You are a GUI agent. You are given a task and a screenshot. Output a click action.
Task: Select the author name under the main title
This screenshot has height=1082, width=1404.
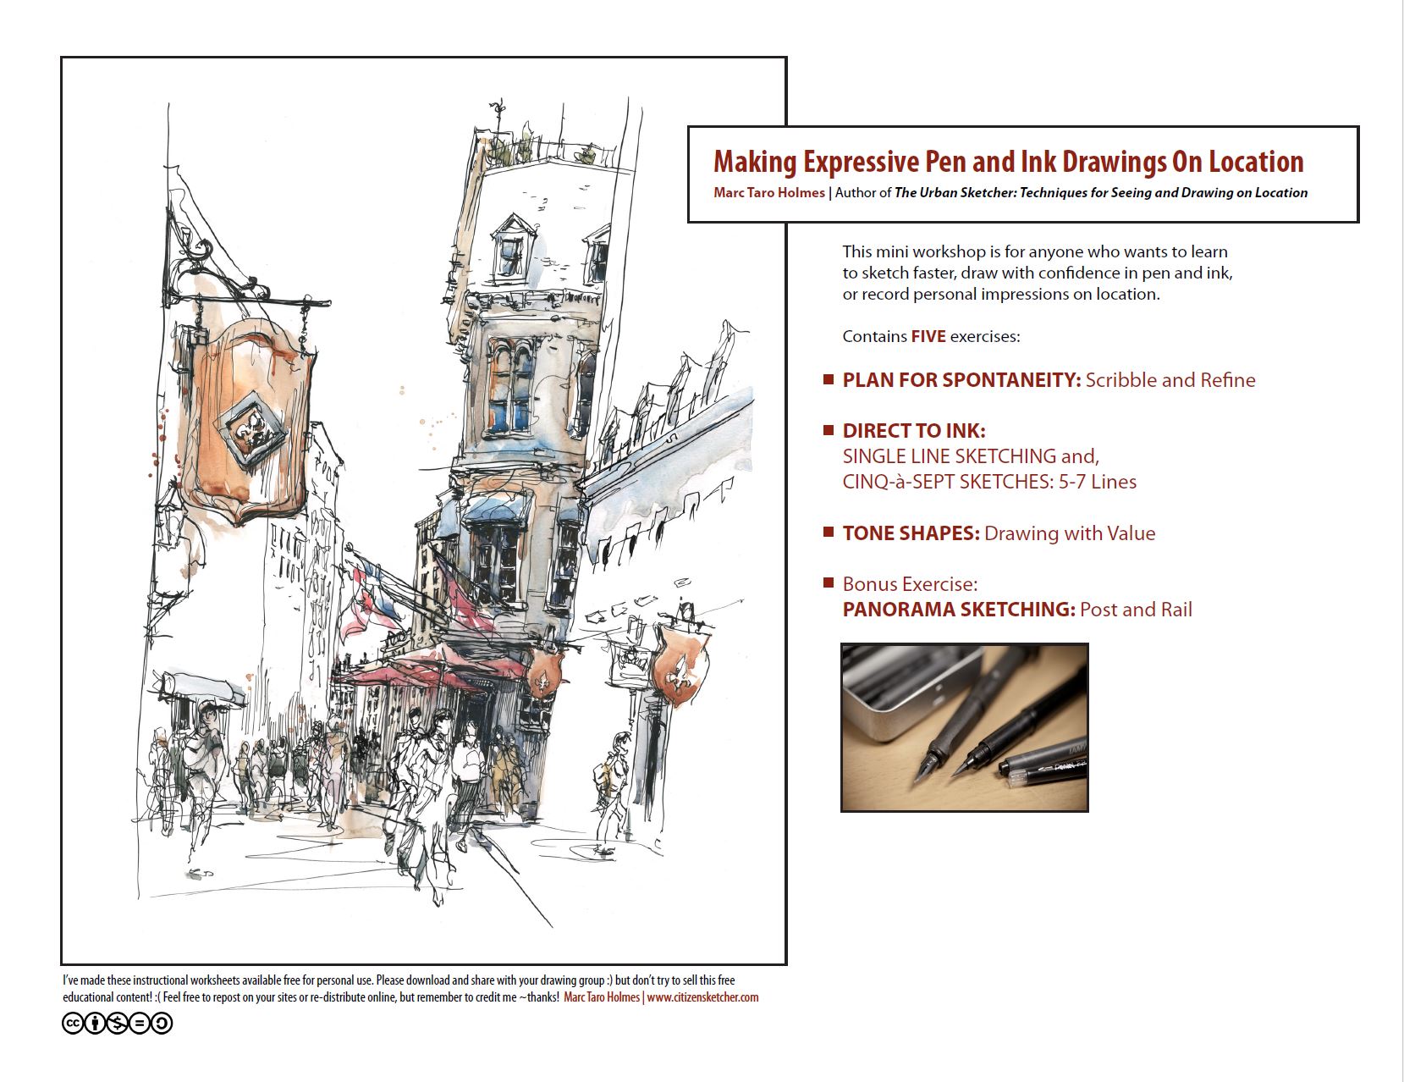pos(768,193)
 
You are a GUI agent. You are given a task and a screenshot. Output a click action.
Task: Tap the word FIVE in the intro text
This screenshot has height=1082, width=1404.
pos(928,337)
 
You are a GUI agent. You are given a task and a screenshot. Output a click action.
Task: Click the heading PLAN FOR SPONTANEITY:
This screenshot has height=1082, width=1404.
pos(961,380)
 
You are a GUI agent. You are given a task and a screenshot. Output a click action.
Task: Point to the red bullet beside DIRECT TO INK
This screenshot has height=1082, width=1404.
pos(829,430)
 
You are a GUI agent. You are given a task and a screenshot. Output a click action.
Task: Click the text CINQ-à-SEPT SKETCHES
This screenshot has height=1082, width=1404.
pos(948,482)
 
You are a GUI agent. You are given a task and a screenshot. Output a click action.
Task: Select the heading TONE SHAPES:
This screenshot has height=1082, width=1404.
pos(911,533)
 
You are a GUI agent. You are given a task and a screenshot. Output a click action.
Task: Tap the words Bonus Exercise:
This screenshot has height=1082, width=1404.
pos(910,584)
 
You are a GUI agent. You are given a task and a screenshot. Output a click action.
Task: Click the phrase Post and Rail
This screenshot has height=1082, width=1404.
pos(1136,610)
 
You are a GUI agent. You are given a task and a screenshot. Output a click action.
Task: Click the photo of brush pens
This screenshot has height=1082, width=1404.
pos(964,727)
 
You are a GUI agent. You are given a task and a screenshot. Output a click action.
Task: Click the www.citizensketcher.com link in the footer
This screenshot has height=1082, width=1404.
pos(702,997)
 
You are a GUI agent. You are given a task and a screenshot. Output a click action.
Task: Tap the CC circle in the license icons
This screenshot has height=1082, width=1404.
pos(73,1024)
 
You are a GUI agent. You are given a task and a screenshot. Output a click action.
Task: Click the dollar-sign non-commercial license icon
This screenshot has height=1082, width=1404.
pos(117,1024)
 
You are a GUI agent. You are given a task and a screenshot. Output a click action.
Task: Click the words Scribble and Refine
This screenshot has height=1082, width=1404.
pos(1170,380)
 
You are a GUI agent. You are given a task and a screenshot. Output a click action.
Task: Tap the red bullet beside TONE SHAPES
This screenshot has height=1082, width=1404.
pos(829,532)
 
